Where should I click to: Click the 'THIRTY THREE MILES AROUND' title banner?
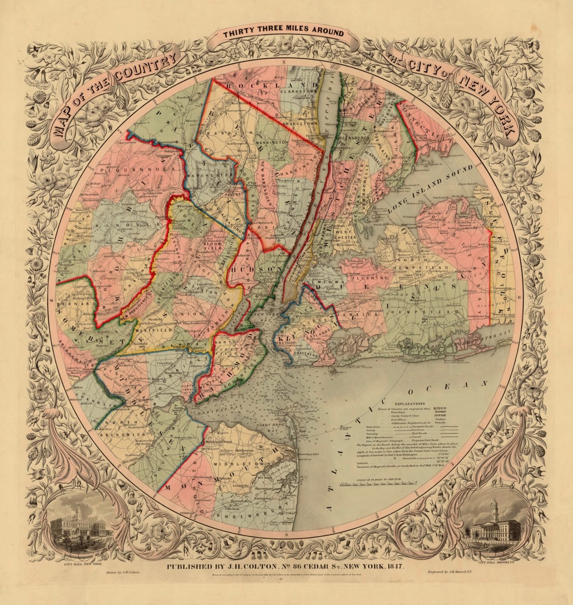tap(283, 33)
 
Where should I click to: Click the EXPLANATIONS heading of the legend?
tap(410, 404)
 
